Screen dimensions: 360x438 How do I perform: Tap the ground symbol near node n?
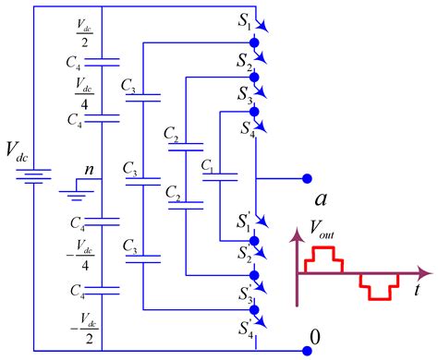(x=69, y=191)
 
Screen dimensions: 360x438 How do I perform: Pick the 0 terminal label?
(x=316, y=340)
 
